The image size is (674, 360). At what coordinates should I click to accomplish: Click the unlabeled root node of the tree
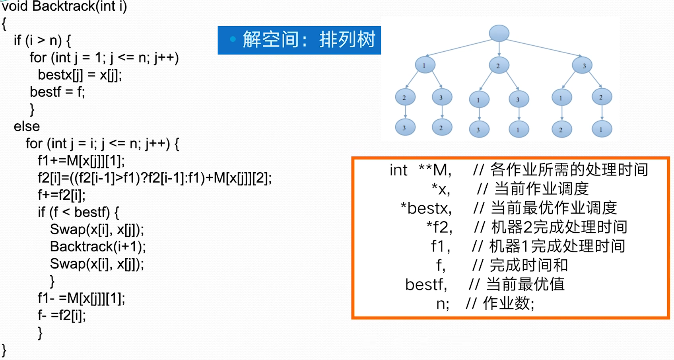pyautogui.click(x=499, y=33)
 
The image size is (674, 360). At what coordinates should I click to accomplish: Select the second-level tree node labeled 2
pyautogui.click(x=499, y=65)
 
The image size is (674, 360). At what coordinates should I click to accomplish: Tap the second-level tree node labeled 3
pyautogui.click(x=582, y=65)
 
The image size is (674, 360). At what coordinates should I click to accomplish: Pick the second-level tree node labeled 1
pyautogui.click(x=425, y=65)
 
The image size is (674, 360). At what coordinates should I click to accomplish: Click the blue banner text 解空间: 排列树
pyautogui.click(x=309, y=39)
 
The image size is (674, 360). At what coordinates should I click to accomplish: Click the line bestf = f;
pyautogui.click(x=57, y=92)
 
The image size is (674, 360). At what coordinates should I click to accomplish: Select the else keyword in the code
pyautogui.click(x=27, y=126)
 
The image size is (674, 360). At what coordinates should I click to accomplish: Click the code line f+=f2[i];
pyautogui.click(x=62, y=195)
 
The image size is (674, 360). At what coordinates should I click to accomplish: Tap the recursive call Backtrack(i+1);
pyautogui.click(x=98, y=247)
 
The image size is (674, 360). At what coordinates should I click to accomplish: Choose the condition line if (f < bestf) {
pyautogui.click(x=78, y=212)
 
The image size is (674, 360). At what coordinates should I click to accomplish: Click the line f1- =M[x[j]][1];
pyautogui.click(x=81, y=298)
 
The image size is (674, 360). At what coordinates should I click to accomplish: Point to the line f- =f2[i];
pyautogui.click(x=62, y=315)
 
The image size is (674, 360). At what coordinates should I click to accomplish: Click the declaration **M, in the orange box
pyautogui.click(x=435, y=170)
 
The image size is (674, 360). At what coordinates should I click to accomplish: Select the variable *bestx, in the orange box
pyautogui.click(x=426, y=208)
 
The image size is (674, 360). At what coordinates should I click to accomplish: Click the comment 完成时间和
pyautogui.click(x=529, y=265)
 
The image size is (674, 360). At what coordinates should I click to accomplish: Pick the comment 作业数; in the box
pyautogui.click(x=509, y=303)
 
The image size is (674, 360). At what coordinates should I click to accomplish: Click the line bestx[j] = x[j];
pyautogui.click(x=80, y=75)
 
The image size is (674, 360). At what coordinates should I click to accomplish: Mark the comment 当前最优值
pyautogui.click(x=525, y=284)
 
